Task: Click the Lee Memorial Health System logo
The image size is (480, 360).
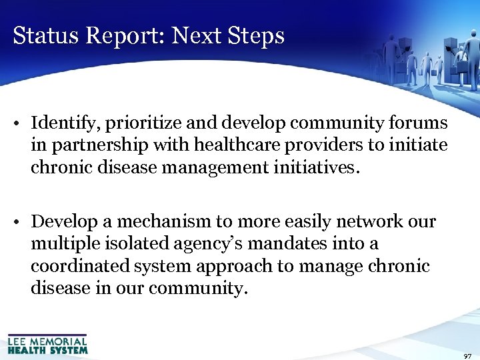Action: coord(47,343)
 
